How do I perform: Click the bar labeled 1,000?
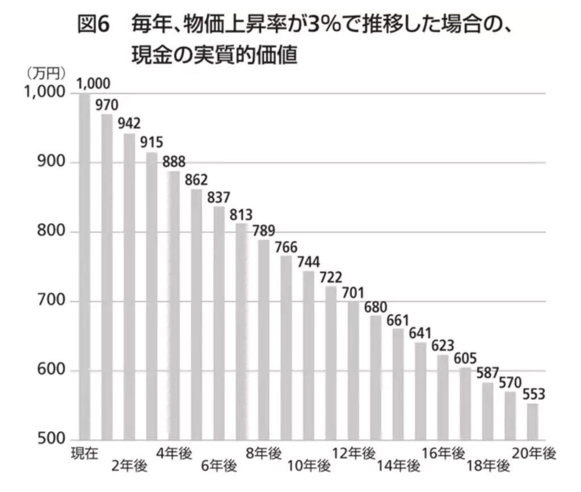[85, 267]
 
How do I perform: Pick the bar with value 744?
[308, 355]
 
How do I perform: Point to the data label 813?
[241, 215]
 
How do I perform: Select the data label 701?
[353, 293]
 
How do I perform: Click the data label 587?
[487, 373]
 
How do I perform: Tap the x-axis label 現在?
[85, 453]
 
